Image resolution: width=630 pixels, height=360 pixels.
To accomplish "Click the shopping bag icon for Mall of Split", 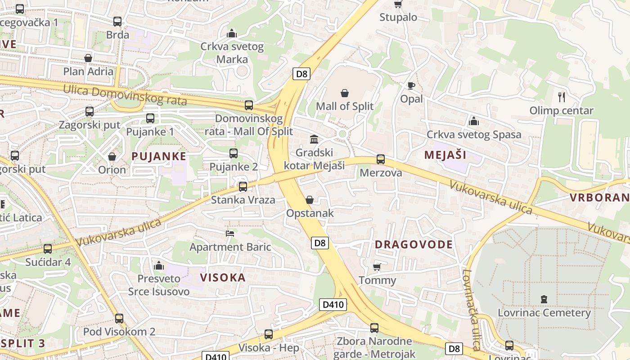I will point(344,93).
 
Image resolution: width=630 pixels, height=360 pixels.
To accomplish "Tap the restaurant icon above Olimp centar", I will point(561,97).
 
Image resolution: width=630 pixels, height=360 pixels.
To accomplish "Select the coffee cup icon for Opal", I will point(411,85).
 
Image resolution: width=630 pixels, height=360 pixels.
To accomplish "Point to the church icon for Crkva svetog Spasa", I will point(473,121).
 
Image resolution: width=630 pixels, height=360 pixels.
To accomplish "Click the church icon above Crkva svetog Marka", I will point(232,33).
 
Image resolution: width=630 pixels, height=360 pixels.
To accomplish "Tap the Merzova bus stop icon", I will point(381,159).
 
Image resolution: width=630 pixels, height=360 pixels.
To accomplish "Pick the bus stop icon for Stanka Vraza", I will point(243,186).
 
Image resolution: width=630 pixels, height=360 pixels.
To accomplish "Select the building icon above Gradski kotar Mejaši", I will point(314,139).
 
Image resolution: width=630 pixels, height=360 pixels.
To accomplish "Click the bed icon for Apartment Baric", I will point(230,233).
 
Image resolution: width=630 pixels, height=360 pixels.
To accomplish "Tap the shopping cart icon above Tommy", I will point(377,267).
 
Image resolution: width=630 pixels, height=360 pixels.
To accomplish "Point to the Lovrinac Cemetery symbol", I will point(544,299).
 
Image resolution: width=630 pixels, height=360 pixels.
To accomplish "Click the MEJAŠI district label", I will point(445,155).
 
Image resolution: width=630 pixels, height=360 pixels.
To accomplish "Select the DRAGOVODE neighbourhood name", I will point(414,244).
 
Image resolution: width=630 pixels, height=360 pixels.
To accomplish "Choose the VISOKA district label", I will point(223,277).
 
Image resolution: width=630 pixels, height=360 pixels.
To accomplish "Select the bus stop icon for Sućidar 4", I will point(48,248).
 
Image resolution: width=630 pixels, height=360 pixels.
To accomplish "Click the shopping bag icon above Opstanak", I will point(310,200).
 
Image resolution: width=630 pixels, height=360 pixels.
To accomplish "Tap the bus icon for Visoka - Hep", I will point(269,334).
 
